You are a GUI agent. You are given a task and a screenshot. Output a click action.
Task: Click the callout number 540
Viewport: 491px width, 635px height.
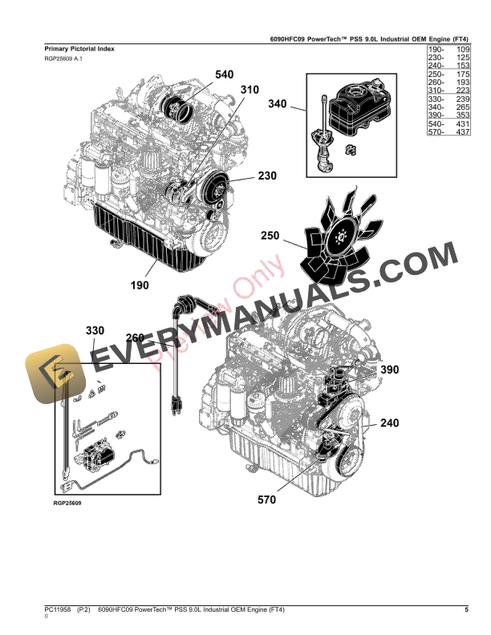tap(225, 75)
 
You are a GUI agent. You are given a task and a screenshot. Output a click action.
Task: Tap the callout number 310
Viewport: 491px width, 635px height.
tap(250, 90)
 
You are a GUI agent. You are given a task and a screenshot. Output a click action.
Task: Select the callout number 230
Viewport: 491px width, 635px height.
tap(267, 175)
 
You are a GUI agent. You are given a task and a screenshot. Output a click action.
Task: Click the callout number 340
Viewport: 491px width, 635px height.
tap(277, 104)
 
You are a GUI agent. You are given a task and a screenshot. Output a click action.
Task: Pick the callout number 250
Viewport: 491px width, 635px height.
tap(270, 236)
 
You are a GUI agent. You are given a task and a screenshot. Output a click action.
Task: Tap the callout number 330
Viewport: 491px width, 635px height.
tap(95, 330)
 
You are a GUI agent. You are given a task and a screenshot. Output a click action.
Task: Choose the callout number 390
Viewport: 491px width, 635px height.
tap(388, 370)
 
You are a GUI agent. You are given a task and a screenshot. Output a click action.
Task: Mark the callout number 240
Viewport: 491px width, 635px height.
tap(389, 423)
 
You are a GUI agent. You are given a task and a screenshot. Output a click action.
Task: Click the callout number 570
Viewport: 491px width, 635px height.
tap(267, 500)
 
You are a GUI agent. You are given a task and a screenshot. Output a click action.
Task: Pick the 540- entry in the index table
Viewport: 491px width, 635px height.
tap(433, 124)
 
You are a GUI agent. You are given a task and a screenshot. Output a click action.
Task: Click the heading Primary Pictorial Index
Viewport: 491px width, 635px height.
tap(79, 49)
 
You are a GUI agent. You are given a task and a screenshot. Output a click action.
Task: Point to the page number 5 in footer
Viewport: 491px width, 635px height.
tap(467, 611)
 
